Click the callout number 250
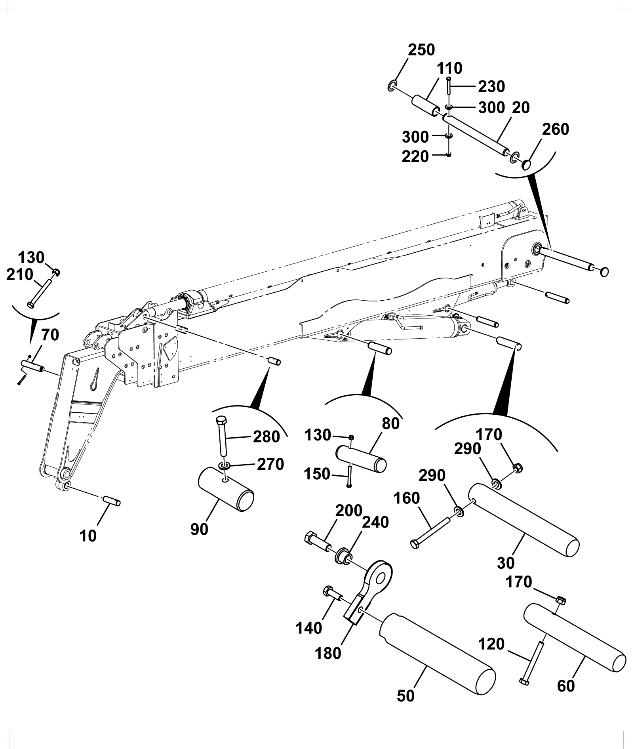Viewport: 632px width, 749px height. [x=421, y=50]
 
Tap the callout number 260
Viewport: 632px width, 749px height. [x=555, y=129]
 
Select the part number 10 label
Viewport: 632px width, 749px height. [x=88, y=536]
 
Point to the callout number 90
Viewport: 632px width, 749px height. [x=199, y=529]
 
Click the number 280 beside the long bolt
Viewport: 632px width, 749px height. [x=267, y=437]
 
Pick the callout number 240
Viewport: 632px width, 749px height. [x=375, y=522]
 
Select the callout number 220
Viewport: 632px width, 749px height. [x=415, y=157]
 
